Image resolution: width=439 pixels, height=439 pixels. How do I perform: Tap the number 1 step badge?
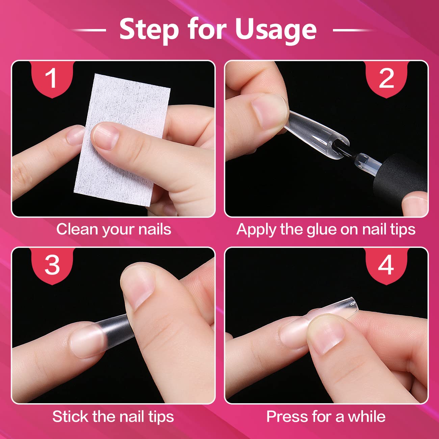tap(52, 79)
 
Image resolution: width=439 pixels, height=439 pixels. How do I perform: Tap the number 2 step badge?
tap(386, 79)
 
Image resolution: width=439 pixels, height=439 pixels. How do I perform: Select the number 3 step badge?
tap(52, 266)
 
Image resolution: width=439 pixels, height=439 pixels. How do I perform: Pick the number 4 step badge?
tap(386, 266)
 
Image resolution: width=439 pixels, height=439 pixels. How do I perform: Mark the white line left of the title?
tap(89, 30)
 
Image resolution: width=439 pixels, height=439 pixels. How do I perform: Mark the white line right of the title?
tap(353, 30)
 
